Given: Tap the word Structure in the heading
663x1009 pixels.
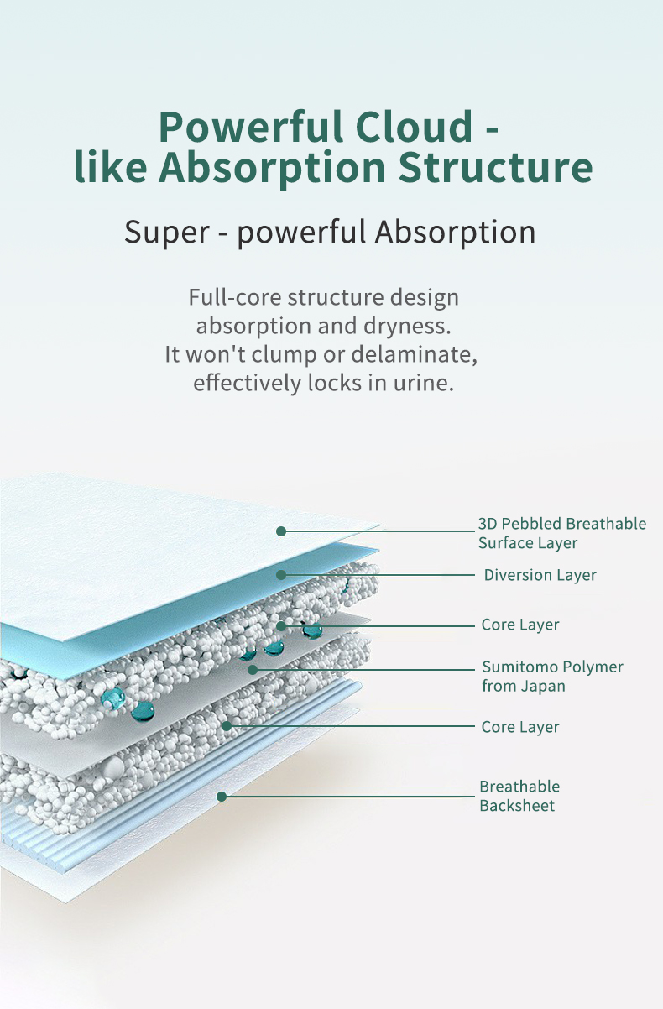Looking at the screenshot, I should [494, 166].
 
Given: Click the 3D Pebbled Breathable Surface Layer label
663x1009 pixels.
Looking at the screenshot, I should [561, 533].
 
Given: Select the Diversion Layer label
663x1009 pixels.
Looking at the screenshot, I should [540, 575].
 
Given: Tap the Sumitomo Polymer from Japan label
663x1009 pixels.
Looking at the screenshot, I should [552, 677].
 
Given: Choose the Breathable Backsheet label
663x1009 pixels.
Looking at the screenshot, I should [519, 796].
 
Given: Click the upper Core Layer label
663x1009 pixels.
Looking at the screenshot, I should [519, 625].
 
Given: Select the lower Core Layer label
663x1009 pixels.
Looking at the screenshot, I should [519, 727].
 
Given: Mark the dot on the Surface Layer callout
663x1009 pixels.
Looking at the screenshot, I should [281, 531].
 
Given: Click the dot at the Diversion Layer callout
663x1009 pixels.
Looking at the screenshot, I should [281, 575].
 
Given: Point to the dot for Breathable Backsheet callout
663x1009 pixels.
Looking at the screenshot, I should [222, 796].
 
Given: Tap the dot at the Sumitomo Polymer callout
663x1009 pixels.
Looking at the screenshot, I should [252, 670].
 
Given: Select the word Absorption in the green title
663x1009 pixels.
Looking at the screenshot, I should [271, 166].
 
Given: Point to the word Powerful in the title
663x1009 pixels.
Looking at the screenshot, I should [249, 127].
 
